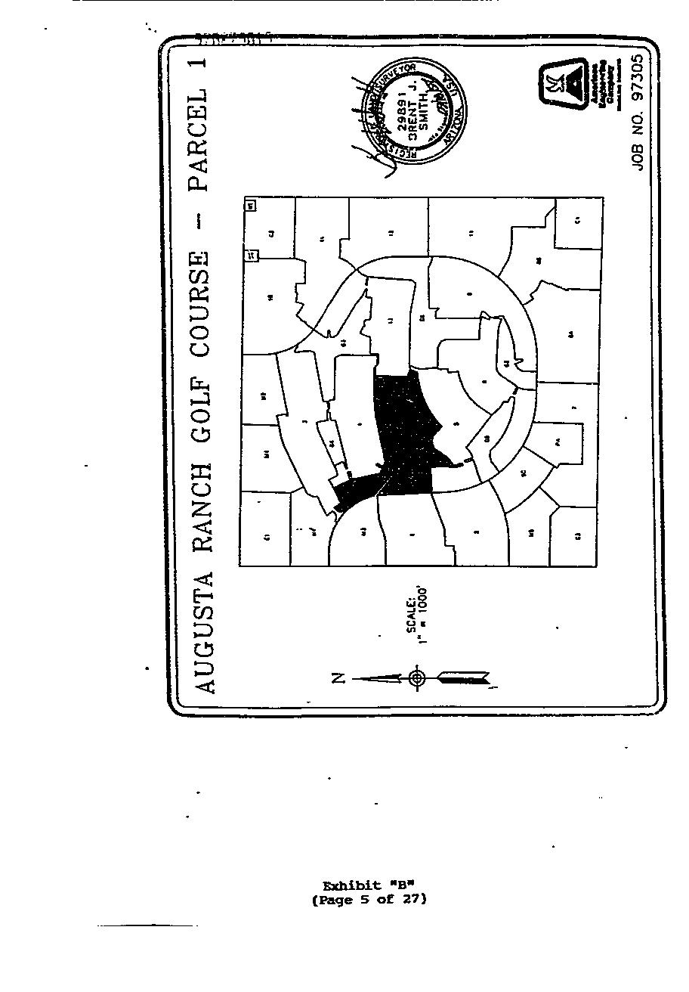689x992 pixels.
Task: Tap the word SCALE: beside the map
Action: coord(412,614)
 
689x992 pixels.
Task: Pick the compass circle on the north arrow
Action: coord(417,678)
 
